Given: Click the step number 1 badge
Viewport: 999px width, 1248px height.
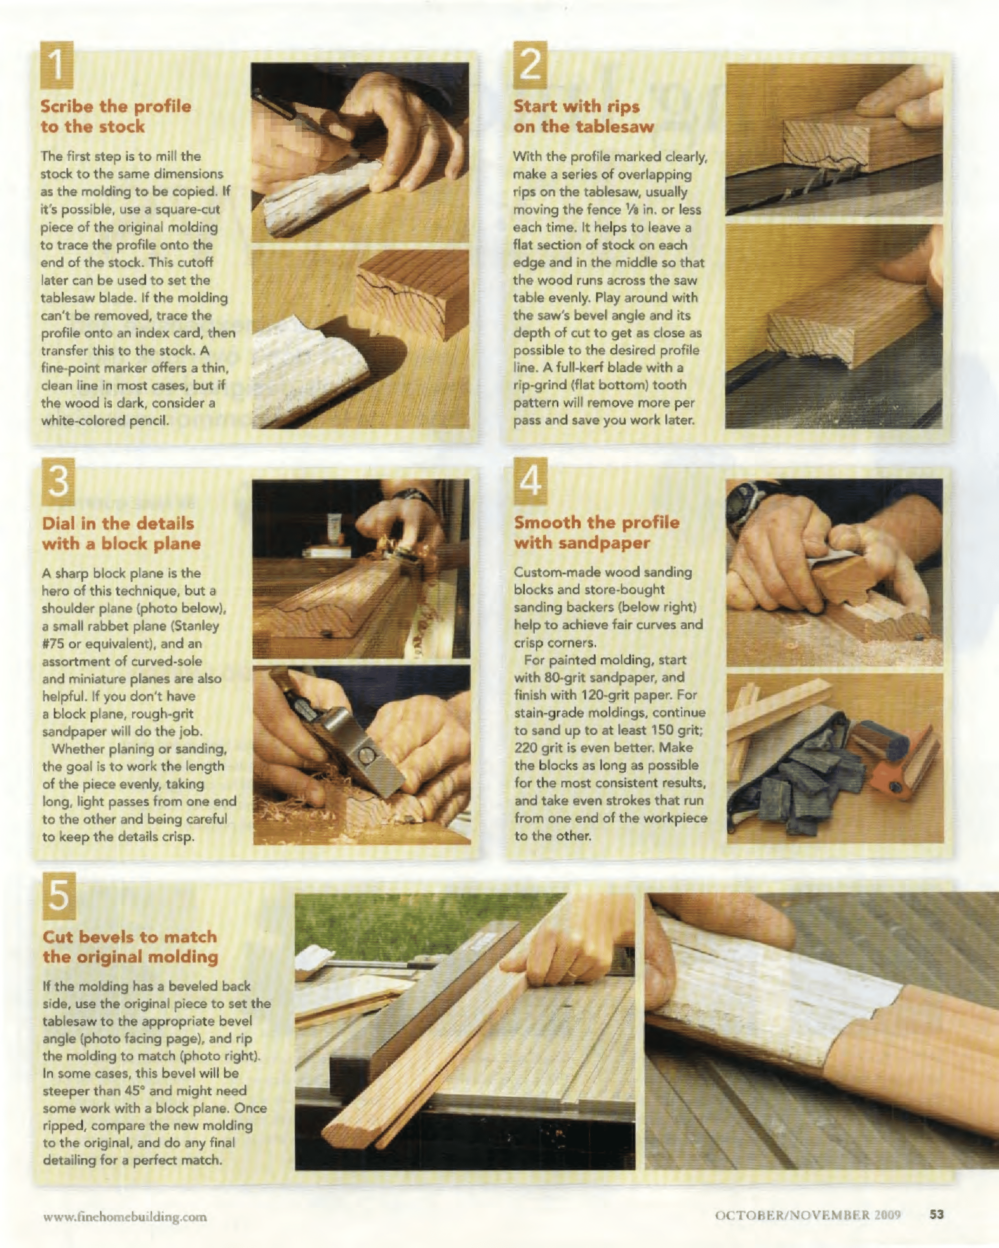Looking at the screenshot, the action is [57, 65].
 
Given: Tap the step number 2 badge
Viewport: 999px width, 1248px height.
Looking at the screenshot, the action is [530, 65].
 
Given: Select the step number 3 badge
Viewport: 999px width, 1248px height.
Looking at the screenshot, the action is [59, 482].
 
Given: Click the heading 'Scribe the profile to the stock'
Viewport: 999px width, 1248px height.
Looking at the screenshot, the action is [116, 116].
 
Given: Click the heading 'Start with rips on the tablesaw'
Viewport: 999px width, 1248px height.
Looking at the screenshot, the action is [584, 116].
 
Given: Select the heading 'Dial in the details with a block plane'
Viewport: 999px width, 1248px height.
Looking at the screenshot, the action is [121, 533].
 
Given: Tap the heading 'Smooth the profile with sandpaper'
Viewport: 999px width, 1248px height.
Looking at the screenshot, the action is [597, 533].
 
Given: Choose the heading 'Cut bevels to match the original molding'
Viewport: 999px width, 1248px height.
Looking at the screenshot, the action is [130, 947].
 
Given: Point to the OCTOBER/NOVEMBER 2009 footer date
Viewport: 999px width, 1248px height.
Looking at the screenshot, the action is [808, 1215].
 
